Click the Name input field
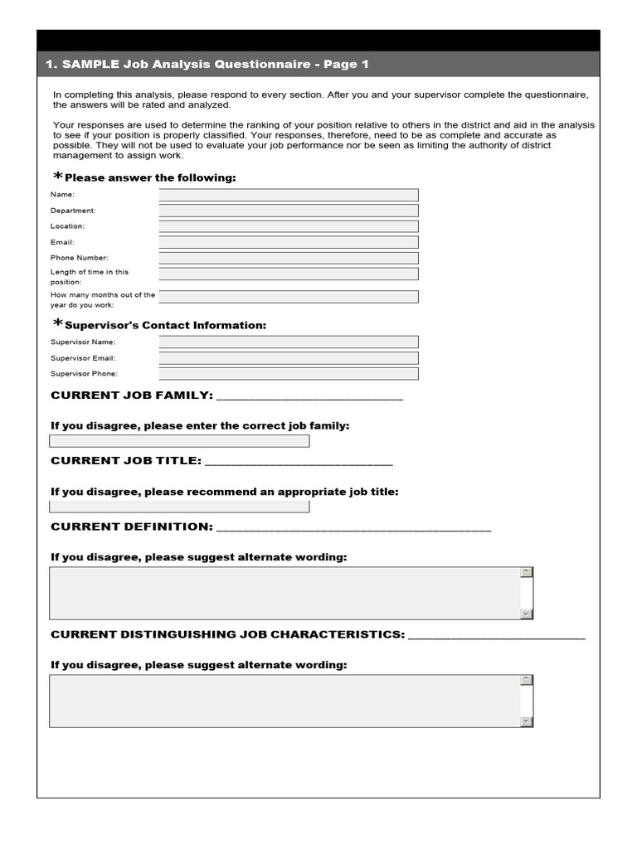[289, 195]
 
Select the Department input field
[289, 211]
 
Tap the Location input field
[289, 226]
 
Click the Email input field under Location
[289, 242]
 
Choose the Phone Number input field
[289, 258]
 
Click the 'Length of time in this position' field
[289, 274]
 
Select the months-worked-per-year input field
[289, 297]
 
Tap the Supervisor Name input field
[289, 342]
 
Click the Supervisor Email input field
[289, 358]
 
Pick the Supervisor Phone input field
[289, 374]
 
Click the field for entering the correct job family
[179, 441]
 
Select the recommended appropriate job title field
[179, 507]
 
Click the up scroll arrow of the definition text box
[526, 572]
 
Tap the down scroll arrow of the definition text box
[526, 614]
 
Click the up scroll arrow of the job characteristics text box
[526, 680]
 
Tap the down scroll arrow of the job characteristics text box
[526, 722]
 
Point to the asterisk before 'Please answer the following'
[57, 177]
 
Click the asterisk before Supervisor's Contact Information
[57, 324]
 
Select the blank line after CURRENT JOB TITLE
[299, 463]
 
